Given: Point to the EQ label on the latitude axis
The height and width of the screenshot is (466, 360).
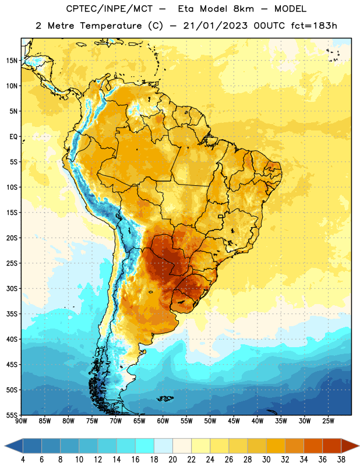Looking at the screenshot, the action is click(14, 137).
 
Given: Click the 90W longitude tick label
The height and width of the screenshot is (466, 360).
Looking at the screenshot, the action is click(21, 421).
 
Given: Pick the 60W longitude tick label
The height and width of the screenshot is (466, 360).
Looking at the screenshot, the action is click(163, 421).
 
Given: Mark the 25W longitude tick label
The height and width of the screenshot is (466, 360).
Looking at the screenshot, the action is click(328, 421).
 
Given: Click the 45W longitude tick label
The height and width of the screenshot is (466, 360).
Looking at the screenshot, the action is click(234, 421).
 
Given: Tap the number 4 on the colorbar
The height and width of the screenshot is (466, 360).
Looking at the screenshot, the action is click(23, 460).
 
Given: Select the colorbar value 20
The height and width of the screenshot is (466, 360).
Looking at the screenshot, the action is click(172, 460).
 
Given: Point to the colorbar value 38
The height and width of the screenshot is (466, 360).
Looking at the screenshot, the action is click(341, 460).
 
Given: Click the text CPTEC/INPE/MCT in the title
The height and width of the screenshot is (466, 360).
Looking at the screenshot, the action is click(110, 9).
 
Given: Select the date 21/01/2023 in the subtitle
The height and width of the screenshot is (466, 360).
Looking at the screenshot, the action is click(216, 26).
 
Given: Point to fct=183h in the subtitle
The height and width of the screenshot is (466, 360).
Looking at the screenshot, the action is click(314, 26).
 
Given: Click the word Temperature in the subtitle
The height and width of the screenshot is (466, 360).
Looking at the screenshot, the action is click(111, 26).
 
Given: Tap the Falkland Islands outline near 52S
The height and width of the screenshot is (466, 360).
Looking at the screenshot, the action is click(165, 398).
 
